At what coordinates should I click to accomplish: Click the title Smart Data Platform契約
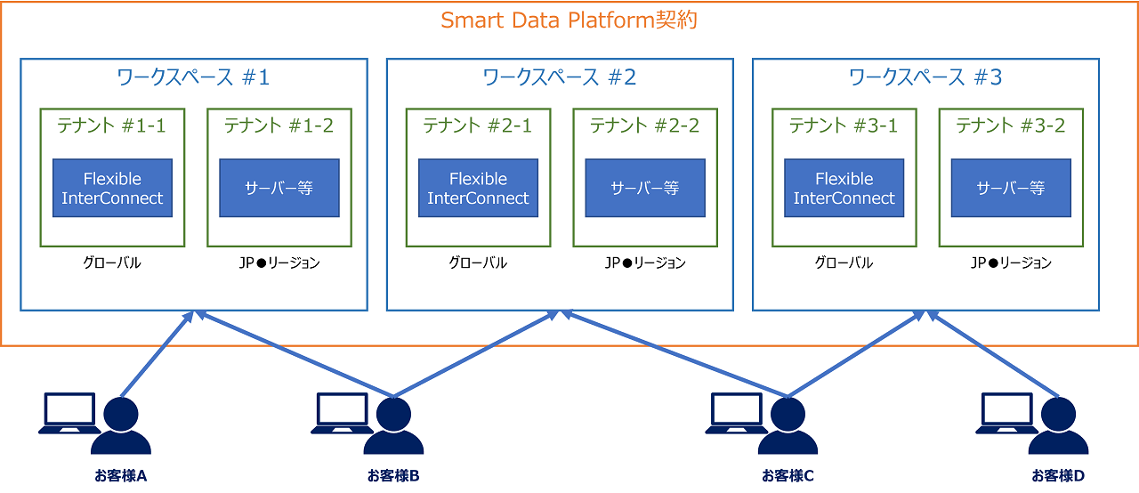tap(569, 20)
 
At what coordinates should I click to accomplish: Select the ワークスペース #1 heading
tap(193, 77)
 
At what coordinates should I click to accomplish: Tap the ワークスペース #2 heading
tap(560, 77)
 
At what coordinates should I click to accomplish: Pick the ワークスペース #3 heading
tap(925, 77)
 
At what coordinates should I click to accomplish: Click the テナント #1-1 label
tap(111, 125)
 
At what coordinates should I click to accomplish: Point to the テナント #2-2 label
tap(644, 125)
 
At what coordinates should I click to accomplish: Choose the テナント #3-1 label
tap(844, 125)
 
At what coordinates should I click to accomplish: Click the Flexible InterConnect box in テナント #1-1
tap(112, 188)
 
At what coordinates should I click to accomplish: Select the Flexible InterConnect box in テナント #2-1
tap(478, 188)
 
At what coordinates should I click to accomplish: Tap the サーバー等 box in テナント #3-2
tap(1010, 188)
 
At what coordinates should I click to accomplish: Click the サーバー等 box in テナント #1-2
tap(279, 188)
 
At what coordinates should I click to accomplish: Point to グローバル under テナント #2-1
tap(478, 263)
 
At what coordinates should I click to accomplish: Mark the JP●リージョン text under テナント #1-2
tap(279, 263)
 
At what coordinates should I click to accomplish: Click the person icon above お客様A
tap(122, 425)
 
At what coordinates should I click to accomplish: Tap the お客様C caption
tap(788, 475)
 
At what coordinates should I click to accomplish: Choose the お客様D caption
tap(1058, 475)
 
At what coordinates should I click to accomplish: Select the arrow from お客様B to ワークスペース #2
tap(476, 354)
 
